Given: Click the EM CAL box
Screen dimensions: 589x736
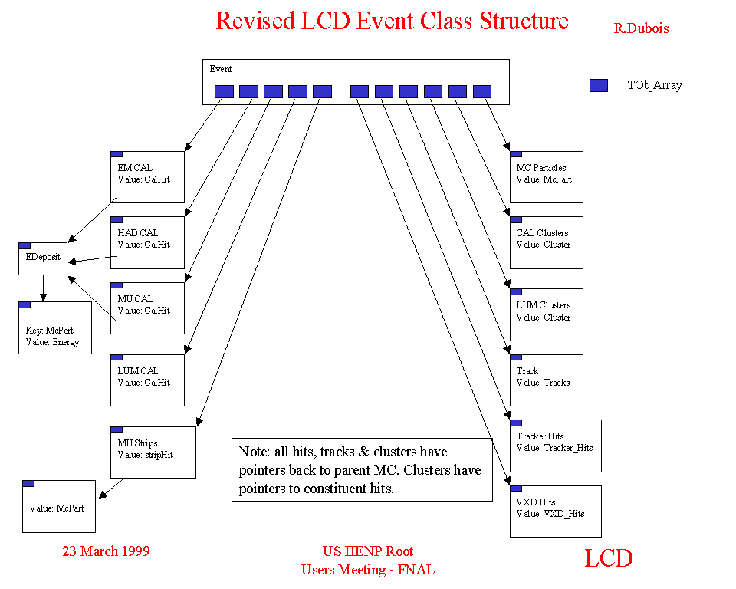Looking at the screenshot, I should (147, 177).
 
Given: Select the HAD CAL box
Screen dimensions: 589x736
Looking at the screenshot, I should (147, 242).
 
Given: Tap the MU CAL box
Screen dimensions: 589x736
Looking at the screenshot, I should (147, 308).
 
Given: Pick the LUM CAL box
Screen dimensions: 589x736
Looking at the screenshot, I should (147, 380).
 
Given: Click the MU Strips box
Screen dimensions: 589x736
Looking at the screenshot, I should (153, 452).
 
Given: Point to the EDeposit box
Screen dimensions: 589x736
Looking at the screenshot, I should (42, 258).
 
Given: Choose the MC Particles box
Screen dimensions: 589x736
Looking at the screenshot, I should (546, 177).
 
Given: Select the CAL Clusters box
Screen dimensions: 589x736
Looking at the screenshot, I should (546, 242).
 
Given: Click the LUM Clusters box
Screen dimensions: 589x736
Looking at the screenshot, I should (546, 314).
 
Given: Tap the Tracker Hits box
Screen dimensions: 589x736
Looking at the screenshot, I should (555, 446).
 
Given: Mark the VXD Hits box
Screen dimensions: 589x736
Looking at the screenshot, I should (555, 511).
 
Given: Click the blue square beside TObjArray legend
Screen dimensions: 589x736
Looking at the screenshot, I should (598, 85).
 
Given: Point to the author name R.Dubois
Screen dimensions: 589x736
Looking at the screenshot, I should (641, 28).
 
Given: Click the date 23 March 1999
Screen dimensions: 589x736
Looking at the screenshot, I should (106, 551).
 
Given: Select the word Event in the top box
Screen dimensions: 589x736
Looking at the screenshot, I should (221, 69).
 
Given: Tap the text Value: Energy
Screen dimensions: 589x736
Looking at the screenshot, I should (53, 342).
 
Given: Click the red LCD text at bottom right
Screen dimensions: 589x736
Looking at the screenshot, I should (609, 558).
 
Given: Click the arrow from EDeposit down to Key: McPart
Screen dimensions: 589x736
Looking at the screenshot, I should (43, 288).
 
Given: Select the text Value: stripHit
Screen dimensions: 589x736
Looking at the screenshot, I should (146, 455).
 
